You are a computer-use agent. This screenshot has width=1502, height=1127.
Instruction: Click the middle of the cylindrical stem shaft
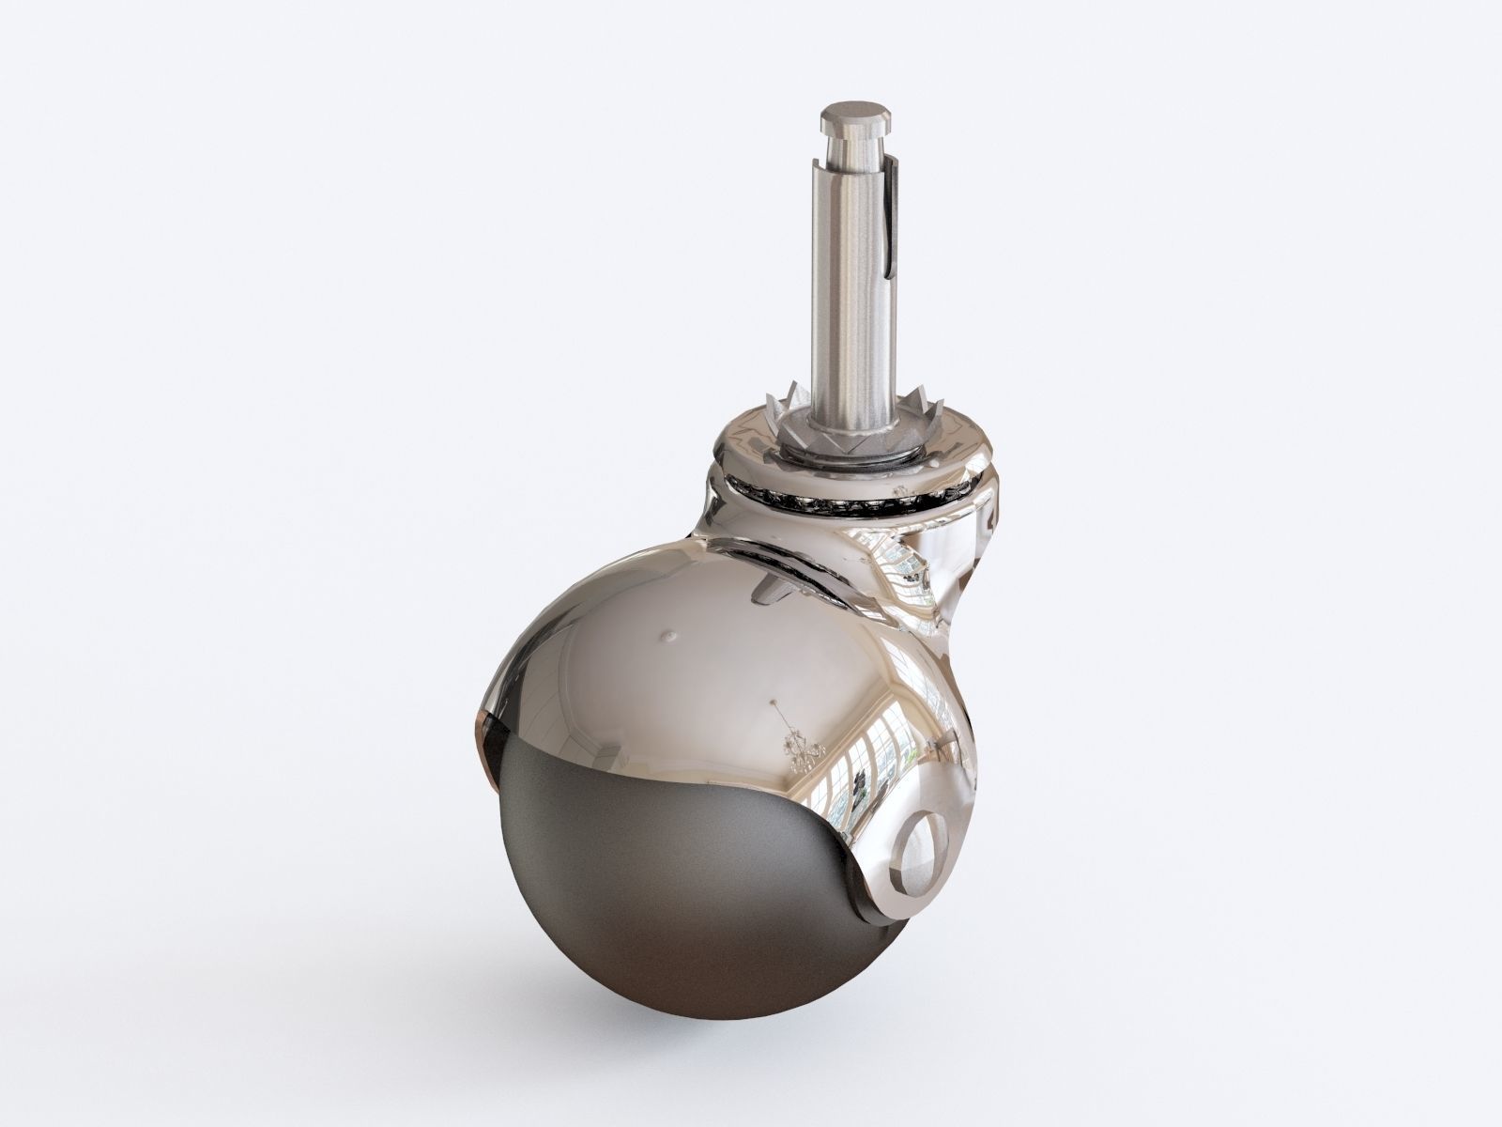pyautogui.click(x=856, y=282)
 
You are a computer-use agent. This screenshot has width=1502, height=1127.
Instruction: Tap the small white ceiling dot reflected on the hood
pyautogui.click(x=668, y=635)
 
